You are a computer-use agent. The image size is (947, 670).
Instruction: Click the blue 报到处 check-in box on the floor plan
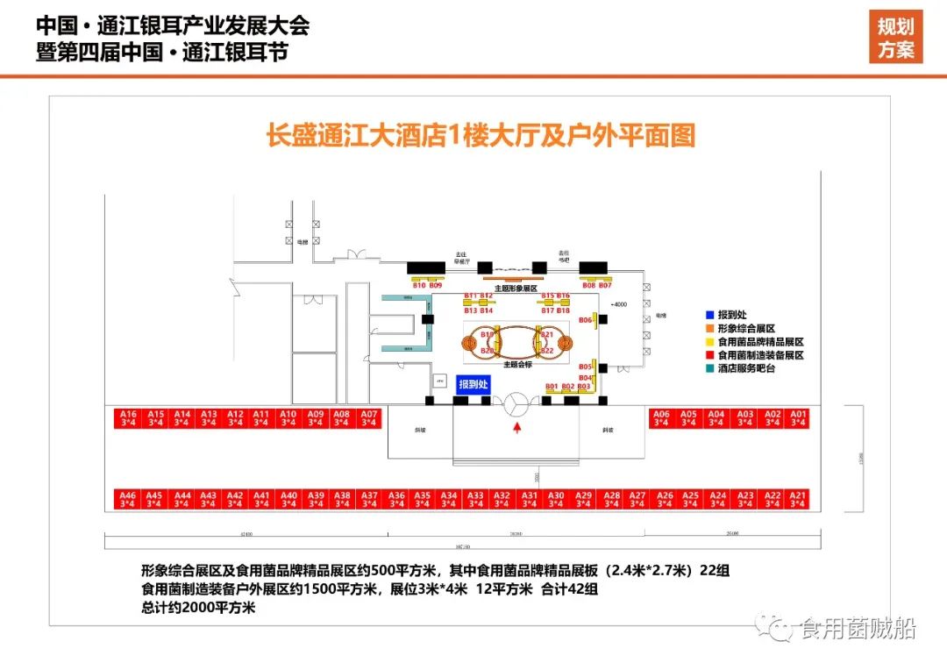(x=474, y=383)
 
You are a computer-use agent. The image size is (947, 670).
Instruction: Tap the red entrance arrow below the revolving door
(x=517, y=428)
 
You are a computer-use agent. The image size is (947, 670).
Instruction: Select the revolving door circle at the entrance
(x=516, y=403)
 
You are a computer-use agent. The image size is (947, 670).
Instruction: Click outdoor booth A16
(x=128, y=418)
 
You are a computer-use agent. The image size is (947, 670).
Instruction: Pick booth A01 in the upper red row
(x=799, y=418)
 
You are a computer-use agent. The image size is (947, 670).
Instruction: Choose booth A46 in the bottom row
(x=128, y=499)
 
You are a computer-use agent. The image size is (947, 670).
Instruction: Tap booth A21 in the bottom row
(x=799, y=499)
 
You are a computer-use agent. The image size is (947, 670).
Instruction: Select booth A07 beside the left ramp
(x=369, y=418)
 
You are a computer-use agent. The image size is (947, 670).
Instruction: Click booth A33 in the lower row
(x=475, y=499)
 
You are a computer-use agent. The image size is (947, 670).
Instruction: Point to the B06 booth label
(x=586, y=320)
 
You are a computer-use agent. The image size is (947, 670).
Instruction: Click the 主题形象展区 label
(x=515, y=288)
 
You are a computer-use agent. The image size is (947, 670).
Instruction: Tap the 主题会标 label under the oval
(x=517, y=361)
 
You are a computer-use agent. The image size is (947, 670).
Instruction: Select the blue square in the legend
(x=709, y=314)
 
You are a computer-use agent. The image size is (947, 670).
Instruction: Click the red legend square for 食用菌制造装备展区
(x=709, y=355)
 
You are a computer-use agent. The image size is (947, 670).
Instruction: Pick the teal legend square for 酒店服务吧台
(x=709, y=368)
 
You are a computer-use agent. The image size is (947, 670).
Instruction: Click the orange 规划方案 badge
(x=895, y=39)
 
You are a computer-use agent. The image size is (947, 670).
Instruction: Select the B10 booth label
(x=419, y=286)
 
